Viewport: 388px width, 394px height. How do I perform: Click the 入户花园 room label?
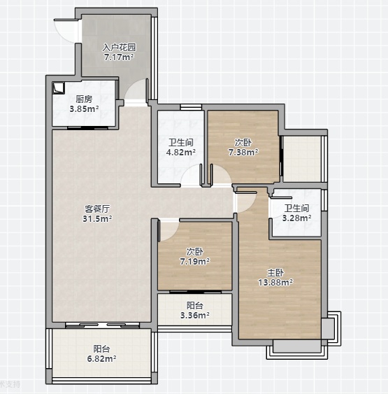(120, 48)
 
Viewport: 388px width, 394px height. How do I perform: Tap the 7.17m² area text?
(119, 57)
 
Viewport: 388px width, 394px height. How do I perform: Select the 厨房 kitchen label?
(84, 99)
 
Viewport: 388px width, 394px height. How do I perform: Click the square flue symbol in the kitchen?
(59, 87)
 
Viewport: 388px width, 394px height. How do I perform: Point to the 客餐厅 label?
(97, 209)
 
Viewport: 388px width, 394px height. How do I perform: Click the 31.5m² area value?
(97, 218)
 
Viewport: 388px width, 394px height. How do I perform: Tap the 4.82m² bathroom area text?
(181, 152)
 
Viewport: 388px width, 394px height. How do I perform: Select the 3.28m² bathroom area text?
(297, 218)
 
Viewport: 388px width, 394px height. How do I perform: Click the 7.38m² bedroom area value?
(243, 152)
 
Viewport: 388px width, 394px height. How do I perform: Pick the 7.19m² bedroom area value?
(195, 262)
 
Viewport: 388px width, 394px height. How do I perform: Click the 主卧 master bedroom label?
(275, 272)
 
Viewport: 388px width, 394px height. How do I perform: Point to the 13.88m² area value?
(275, 283)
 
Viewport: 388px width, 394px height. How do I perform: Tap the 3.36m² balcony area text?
(195, 315)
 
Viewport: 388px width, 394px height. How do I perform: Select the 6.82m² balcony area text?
(101, 358)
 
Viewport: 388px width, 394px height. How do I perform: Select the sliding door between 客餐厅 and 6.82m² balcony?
(102, 325)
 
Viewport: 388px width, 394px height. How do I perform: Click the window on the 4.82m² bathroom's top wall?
(191, 107)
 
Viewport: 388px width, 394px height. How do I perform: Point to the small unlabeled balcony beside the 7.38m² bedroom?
(302, 159)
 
